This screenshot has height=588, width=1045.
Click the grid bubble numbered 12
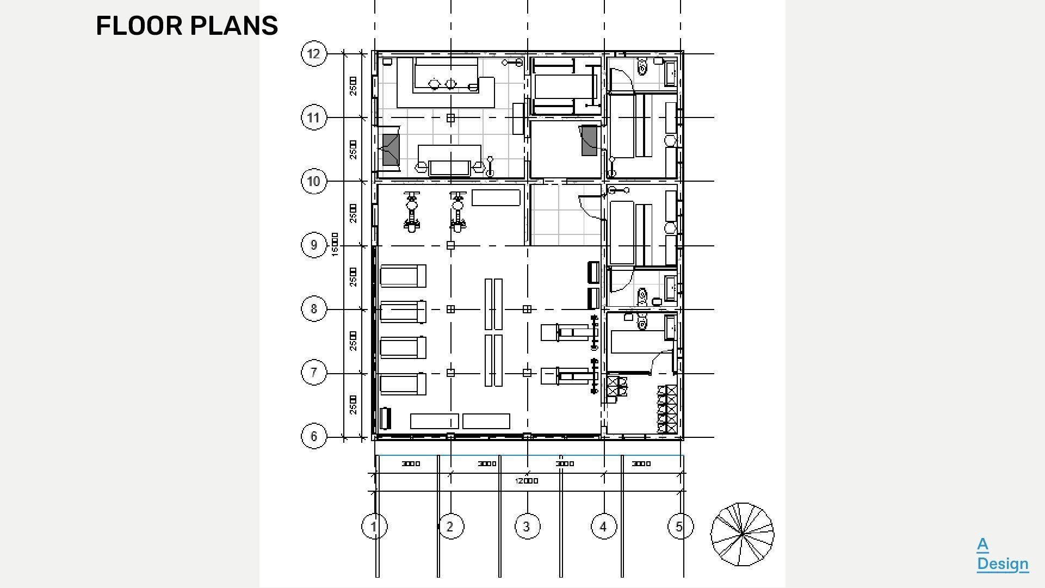pos(314,54)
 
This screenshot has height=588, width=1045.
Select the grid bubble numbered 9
pos(314,245)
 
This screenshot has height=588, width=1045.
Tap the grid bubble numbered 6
pos(314,436)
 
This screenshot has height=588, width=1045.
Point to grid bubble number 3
pos(527,527)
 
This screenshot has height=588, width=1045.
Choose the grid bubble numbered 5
pos(680,527)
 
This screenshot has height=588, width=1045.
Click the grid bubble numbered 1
pos(374,527)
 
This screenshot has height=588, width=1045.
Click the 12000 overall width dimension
pos(526,481)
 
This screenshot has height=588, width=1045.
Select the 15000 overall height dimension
pos(335,244)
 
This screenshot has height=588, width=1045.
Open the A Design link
pos(1002,554)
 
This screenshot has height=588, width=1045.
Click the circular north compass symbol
pos(742,534)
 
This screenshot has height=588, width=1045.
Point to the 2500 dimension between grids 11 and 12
pos(353,86)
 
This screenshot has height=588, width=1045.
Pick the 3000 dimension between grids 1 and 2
pos(411,464)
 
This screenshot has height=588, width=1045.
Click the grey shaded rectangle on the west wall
pos(391,150)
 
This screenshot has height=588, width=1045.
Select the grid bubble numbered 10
pos(314,181)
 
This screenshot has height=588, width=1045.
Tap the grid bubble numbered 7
pos(314,373)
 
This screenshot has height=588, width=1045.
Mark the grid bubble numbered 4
pos(603,527)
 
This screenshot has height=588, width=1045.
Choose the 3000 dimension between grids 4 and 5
pos(641,464)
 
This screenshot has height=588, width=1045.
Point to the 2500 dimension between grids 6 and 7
pos(353,405)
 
